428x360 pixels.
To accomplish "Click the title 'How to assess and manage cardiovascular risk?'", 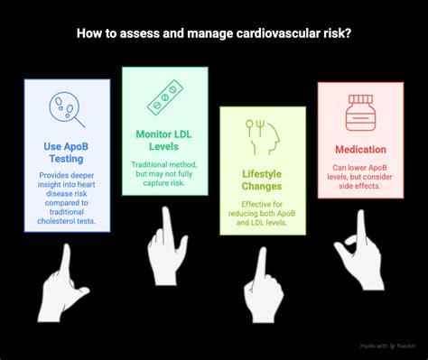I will (x=213, y=35).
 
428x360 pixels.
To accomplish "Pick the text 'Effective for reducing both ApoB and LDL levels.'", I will (x=262, y=212).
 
